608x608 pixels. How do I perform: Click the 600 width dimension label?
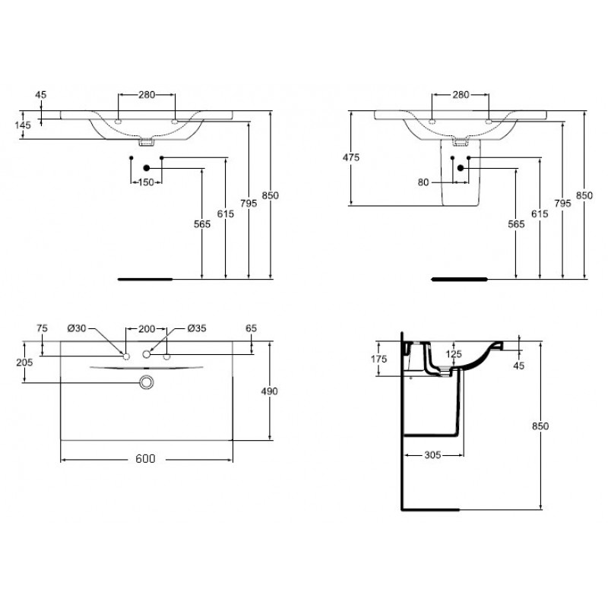[x=145, y=458]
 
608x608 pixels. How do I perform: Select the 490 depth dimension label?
[x=269, y=391]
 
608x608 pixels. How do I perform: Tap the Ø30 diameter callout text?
[x=77, y=328]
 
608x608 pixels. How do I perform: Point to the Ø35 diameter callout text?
[x=197, y=328]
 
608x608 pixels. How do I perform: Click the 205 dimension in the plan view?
[x=24, y=363]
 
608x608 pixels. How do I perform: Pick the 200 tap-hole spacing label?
[x=147, y=329]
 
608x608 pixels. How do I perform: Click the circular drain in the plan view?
[x=147, y=382]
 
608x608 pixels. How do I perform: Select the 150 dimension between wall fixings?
[x=146, y=182]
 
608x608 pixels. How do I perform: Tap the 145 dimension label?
[x=23, y=125]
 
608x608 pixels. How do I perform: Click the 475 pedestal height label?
[x=351, y=157]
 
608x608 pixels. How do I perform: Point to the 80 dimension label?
[x=423, y=182]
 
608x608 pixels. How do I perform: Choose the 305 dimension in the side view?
[x=432, y=454]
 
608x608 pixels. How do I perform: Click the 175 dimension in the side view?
[x=378, y=359]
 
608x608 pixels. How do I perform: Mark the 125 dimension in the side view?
[x=454, y=353]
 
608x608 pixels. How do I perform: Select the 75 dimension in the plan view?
[x=42, y=328]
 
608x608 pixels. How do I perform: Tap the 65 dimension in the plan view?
[x=252, y=328]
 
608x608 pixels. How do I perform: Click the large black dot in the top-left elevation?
[x=146, y=168]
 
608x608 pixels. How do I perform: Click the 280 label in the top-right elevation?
[x=461, y=94]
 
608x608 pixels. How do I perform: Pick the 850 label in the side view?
[x=540, y=426]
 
